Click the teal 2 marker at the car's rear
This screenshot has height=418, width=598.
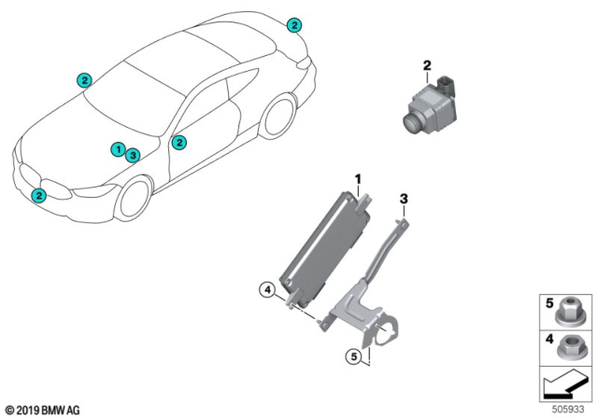[294, 25]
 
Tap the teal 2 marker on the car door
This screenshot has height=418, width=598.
[179, 142]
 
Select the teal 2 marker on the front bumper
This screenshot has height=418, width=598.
[38, 195]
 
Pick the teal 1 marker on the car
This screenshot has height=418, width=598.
[118, 149]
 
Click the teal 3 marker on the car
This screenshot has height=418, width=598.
[133, 155]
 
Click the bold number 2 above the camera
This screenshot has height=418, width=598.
[426, 65]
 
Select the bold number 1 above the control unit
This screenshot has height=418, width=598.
[356, 176]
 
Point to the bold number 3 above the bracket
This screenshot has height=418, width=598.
[404, 197]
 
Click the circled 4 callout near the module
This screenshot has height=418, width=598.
[266, 292]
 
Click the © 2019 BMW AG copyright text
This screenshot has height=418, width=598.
[44, 409]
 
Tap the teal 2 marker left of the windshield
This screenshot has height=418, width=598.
[84, 80]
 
